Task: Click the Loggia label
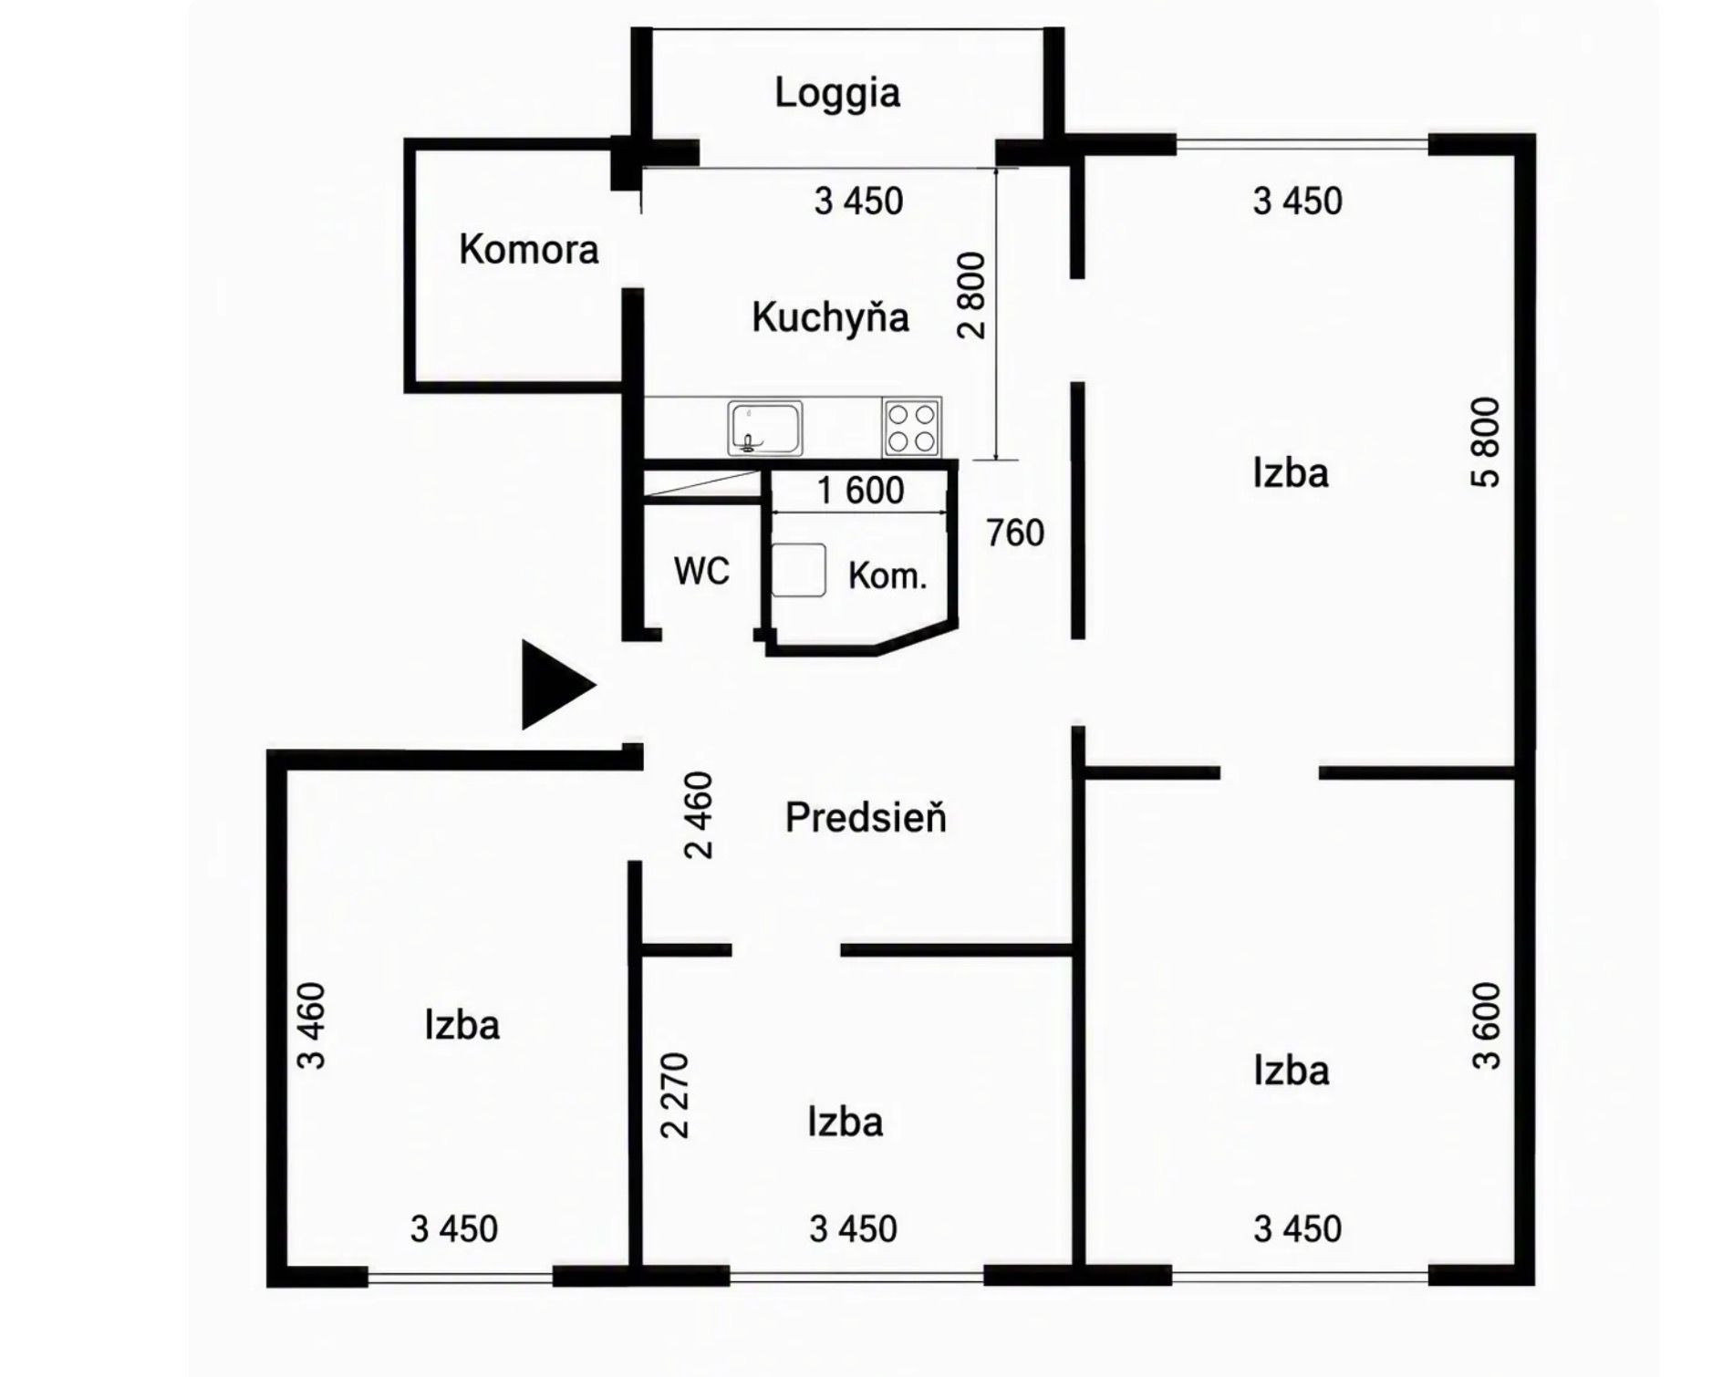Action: (x=837, y=94)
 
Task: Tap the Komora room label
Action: (x=529, y=250)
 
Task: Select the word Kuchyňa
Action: (x=831, y=317)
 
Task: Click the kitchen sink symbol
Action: (x=765, y=428)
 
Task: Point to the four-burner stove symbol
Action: (x=911, y=427)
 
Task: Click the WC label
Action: (x=701, y=572)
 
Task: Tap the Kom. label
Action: (x=887, y=576)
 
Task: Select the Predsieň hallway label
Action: (x=866, y=818)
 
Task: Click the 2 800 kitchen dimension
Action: (x=972, y=295)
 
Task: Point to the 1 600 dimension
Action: (x=861, y=491)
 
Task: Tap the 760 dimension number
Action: (x=1015, y=533)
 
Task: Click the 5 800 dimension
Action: (x=1485, y=442)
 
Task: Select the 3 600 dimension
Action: (x=1486, y=1026)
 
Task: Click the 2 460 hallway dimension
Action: (x=699, y=815)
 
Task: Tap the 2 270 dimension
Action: (x=675, y=1095)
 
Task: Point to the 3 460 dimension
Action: (x=310, y=1026)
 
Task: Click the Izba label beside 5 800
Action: (x=1291, y=473)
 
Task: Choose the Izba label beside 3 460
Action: (x=462, y=1026)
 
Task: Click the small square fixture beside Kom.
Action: (x=799, y=571)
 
